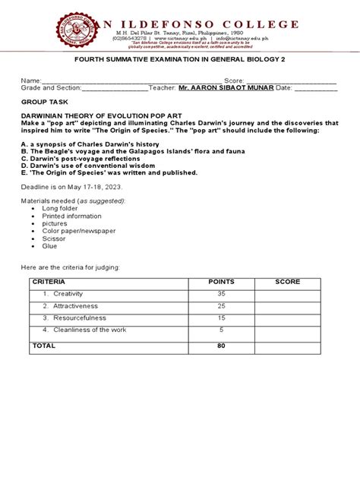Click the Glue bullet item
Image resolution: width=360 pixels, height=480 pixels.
click(x=49, y=245)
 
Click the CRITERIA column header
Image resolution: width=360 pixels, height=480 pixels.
click(x=46, y=282)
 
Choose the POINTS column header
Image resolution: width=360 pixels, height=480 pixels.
click(x=222, y=282)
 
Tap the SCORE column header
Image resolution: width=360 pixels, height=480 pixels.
click(x=288, y=282)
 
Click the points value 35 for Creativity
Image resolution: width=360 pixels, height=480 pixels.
click(x=222, y=293)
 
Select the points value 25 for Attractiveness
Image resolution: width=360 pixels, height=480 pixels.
click(x=222, y=305)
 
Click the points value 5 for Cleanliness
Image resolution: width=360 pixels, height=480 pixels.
click(x=222, y=330)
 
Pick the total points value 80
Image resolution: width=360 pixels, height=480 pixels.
click(x=222, y=345)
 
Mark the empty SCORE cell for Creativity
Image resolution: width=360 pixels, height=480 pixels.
click(x=288, y=293)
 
